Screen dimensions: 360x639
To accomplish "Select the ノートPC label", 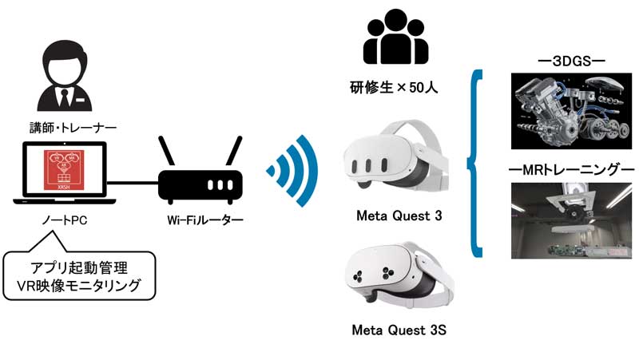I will click(x=65, y=216).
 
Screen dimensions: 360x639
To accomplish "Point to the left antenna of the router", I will click(x=167, y=150).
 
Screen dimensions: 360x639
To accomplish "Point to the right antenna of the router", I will click(x=234, y=150).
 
